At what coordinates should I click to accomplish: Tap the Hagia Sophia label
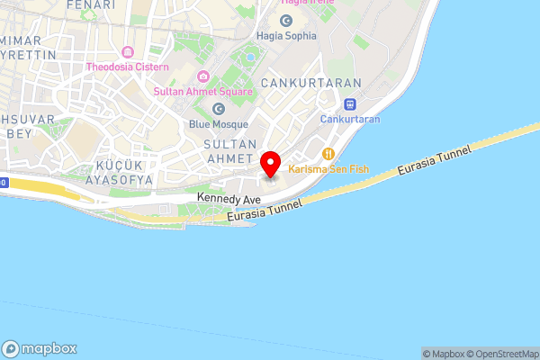coord(286,36)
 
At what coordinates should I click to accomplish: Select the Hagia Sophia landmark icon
coord(286,20)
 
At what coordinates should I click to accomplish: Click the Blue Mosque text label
coord(218,124)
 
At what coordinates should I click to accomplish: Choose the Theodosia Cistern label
coord(127,67)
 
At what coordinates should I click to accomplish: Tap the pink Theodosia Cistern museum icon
coord(127,50)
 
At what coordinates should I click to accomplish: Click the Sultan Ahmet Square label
coord(203,92)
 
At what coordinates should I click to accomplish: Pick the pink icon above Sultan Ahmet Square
coord(203,76)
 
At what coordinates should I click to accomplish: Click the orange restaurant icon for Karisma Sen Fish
coord(328,153)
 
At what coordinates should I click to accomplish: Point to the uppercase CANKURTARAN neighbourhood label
coord(310,83)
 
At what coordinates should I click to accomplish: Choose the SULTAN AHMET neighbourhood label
coord(231,152)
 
